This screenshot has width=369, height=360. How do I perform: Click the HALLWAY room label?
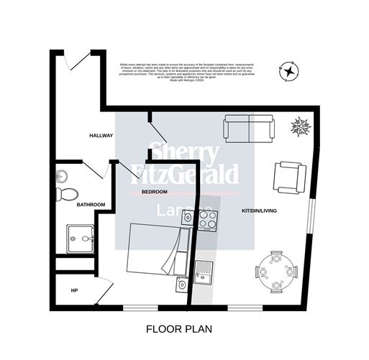(x=101, y=135)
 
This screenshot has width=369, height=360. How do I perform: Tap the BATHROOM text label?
(x=91, y=205)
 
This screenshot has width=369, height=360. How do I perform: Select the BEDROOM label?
(x=154, y=193)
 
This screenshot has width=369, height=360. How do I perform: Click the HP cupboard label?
(x=74, y=290)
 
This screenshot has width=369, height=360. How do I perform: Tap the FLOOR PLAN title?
(x=179, y=329)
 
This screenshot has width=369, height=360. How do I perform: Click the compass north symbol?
(x=288, y=71)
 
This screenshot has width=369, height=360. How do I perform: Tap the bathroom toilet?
(x=68, y=193)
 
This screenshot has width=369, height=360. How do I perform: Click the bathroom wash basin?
(x=63, y=175)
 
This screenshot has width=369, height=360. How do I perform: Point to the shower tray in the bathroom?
(x=81, y=238)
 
